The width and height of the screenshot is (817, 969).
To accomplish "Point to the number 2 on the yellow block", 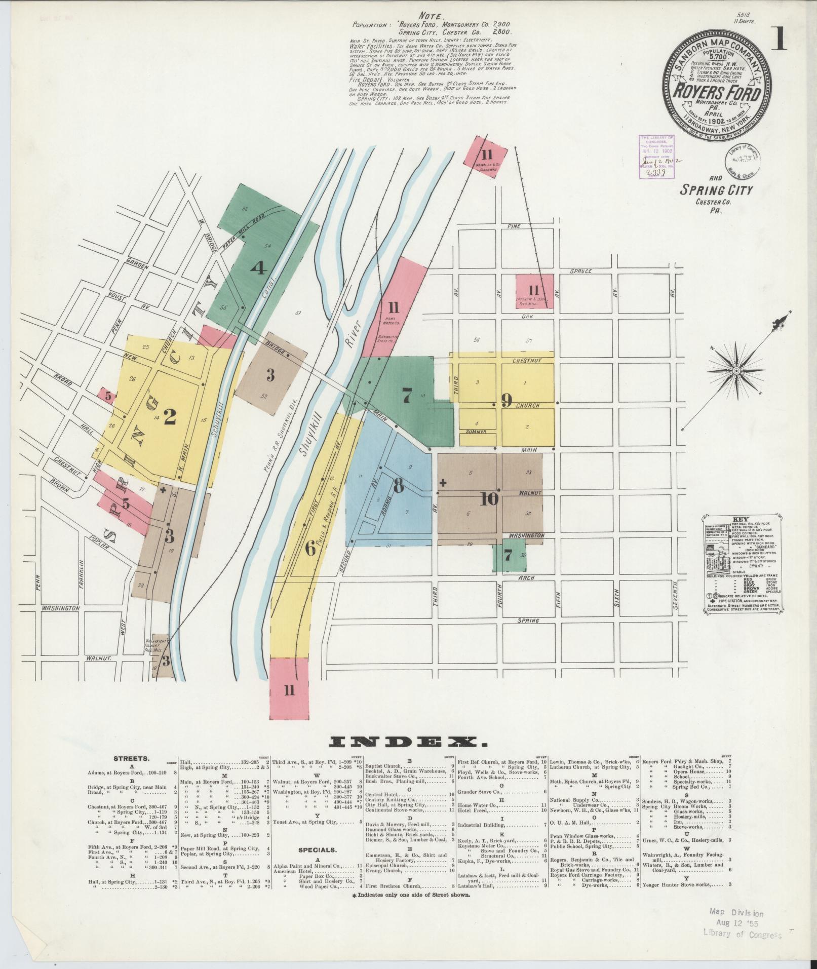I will (x=170, y=417).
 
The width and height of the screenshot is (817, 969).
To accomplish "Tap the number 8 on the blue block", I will (x=399, y=486).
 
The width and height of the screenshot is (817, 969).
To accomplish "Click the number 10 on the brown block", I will (x=489, y=499).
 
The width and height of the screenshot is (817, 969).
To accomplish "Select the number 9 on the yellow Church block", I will (x=506, y=401).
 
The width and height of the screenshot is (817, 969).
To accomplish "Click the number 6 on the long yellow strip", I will (x=309, y=548).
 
